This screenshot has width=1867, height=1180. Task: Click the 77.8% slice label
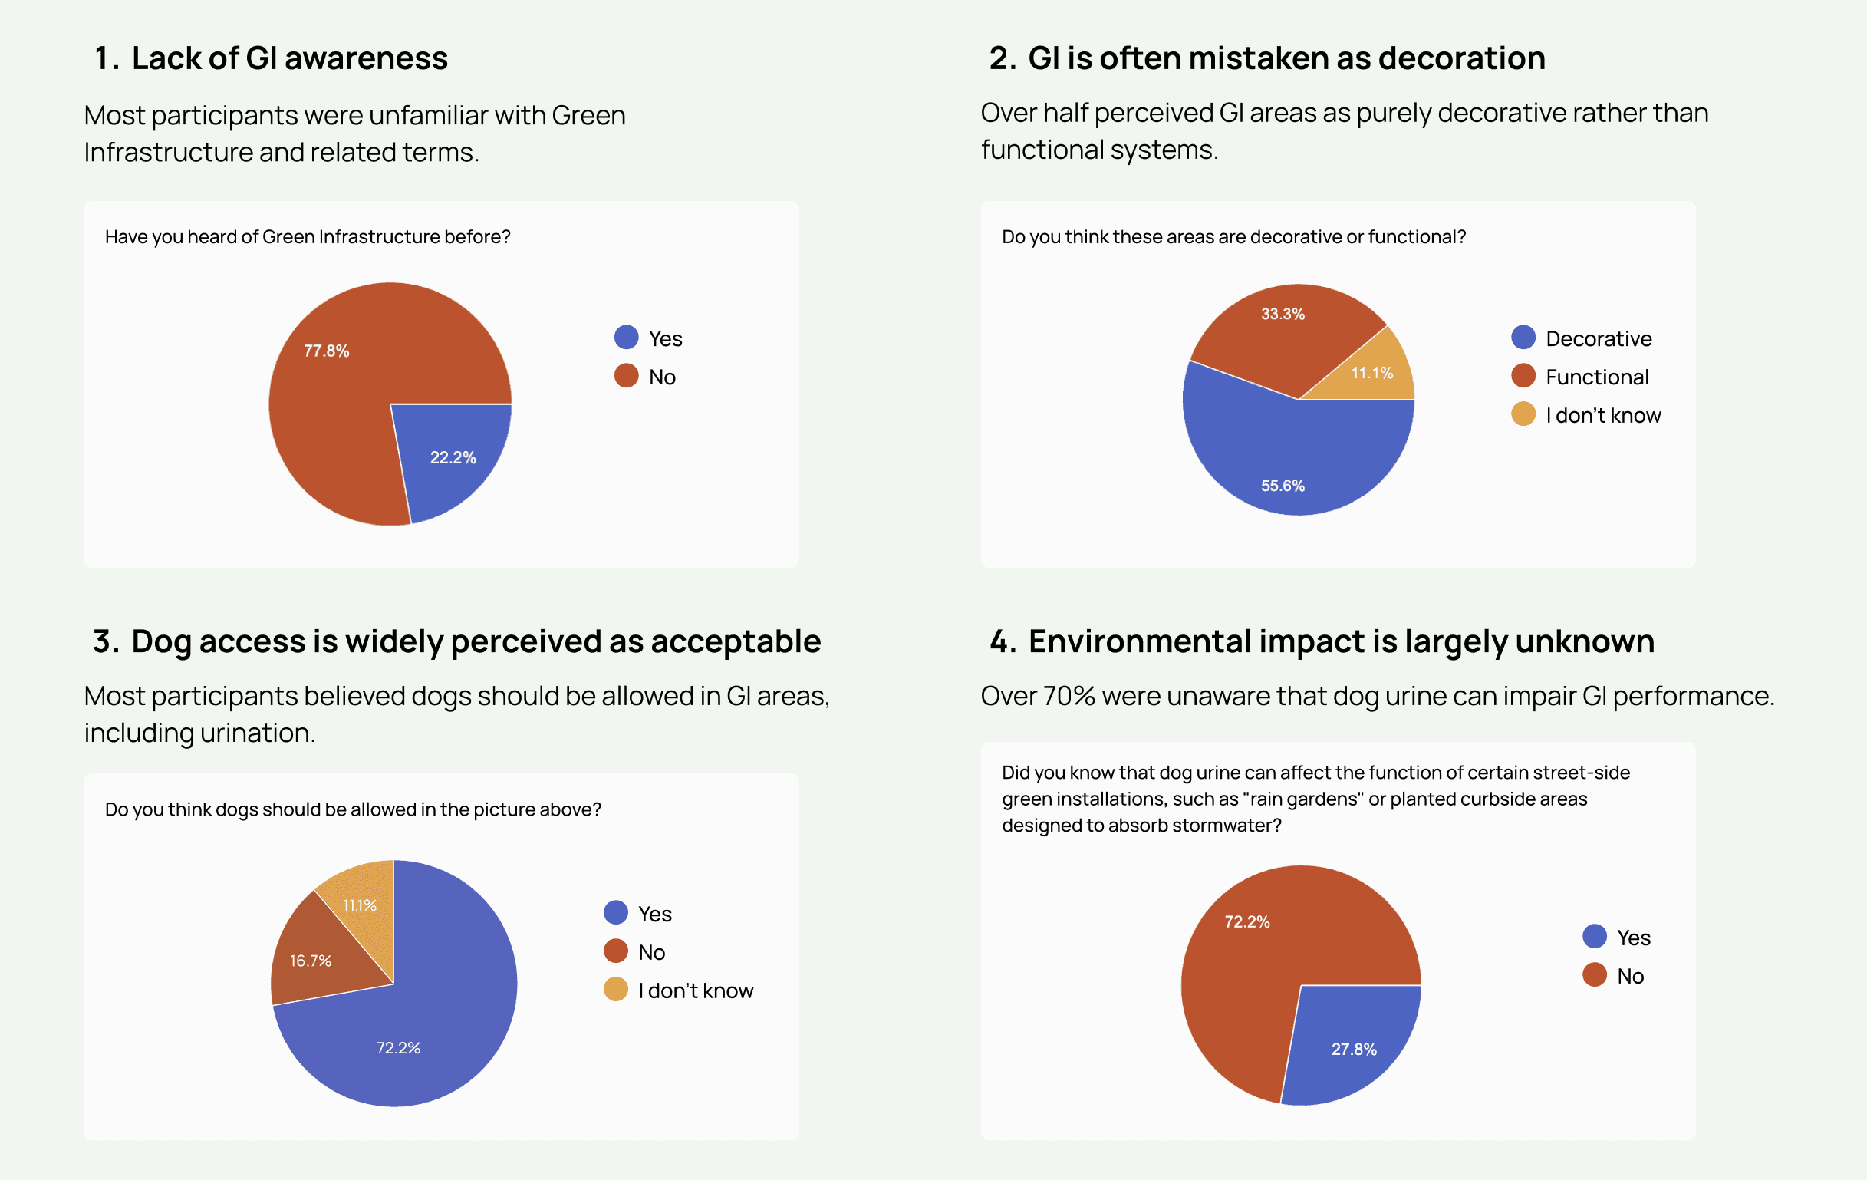click(x=327, y=351)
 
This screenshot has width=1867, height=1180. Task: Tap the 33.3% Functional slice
click(x=1283, y=325)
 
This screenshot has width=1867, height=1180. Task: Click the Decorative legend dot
click(x=1523, y=338)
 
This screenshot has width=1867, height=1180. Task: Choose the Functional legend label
click(x=1596, y=377)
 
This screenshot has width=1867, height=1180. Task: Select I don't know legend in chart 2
click(x=1602, y=416)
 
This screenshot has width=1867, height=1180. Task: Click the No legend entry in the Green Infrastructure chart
click(x=661, y=377)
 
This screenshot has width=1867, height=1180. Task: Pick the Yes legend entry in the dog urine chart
click(x=1633, y=938)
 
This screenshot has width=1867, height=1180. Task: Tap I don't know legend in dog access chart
click(x=695, y=990)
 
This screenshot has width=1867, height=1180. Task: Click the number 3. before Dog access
click(x=105, y=641)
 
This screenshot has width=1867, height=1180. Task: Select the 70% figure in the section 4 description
click(x=1068, y=695)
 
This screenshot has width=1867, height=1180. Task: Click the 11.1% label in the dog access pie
click(x=360, y=905)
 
